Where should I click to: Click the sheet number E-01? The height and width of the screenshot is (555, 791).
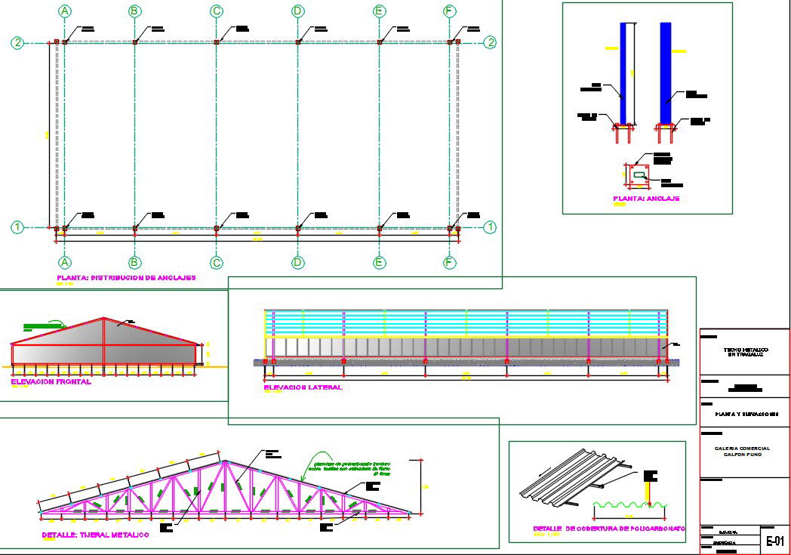(x=775, y=541)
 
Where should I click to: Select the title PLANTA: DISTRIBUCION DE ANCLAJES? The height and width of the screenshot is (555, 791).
(x=126, y=278)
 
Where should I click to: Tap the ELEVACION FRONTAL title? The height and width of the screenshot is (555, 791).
(x=51, y=382)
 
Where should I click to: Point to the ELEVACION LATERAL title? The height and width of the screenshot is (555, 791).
(x=303, y=387)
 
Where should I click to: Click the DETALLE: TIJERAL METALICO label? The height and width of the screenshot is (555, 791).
(x=95, y=535)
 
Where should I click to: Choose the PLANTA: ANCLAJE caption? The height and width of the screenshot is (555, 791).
(x=646, y=199)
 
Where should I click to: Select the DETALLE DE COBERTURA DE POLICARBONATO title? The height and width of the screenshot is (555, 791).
(x=608, y=529)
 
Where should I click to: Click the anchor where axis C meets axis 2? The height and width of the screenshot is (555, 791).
(x=217, y=42)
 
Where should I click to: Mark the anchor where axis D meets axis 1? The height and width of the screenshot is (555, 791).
(x=298, y=227)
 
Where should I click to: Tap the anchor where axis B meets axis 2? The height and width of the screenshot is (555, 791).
(x=134, y=42)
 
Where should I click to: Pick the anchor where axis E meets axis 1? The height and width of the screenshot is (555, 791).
(x=380, y=227)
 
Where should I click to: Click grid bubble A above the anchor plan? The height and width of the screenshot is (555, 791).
(x=65, y=11)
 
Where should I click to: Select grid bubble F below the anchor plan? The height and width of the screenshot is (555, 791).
(x=450, y=263)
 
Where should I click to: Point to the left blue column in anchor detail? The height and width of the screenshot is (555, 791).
(x=624, y=72)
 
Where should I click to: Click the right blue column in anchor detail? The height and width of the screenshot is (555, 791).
(x=665, y=72)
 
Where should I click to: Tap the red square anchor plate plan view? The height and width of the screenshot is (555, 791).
(x=639, y=175)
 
